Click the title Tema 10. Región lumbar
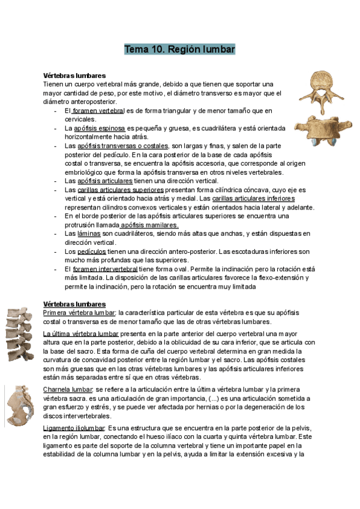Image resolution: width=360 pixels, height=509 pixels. click(x=179, y=49)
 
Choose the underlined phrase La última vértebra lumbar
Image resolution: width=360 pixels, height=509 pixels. click(x=81, y=333)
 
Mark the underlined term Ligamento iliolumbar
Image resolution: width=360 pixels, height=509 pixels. click(x=73, y=427)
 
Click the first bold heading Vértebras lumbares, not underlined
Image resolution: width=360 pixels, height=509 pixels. click(x=75, y=76)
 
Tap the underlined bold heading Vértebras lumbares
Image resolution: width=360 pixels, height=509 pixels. click(x=75, y=304)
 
